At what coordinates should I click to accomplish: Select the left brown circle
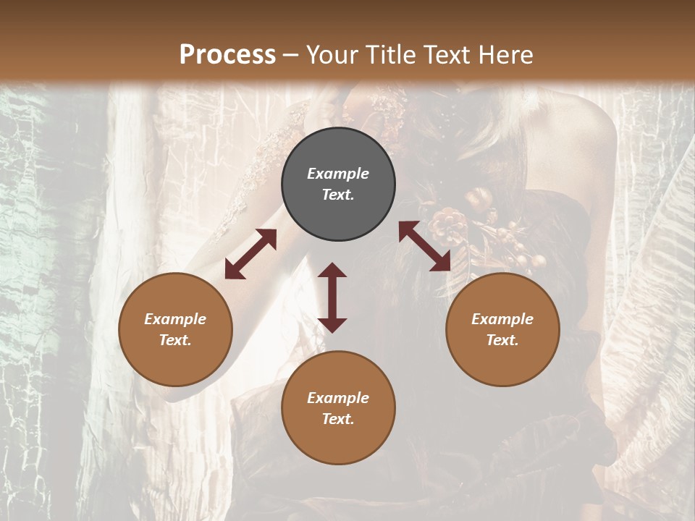click(175, 362)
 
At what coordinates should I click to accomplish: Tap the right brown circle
click(502, 362)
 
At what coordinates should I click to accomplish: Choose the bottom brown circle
click(338, 441)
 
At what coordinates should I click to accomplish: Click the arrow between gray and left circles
click(250, 254)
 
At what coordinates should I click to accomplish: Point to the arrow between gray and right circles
click(425, 246)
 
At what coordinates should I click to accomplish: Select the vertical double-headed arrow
click(332, 297)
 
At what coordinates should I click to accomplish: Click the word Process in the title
click(227, 54)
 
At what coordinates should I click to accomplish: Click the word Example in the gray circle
click(338, 174)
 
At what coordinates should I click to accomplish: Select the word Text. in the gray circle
click(338, 195)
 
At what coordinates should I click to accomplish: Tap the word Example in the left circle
click(175, 319)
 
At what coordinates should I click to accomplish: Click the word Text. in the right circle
click(502, 340)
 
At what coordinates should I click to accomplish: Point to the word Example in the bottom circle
click(338, 398)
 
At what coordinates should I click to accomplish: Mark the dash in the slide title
click(291, 55)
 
